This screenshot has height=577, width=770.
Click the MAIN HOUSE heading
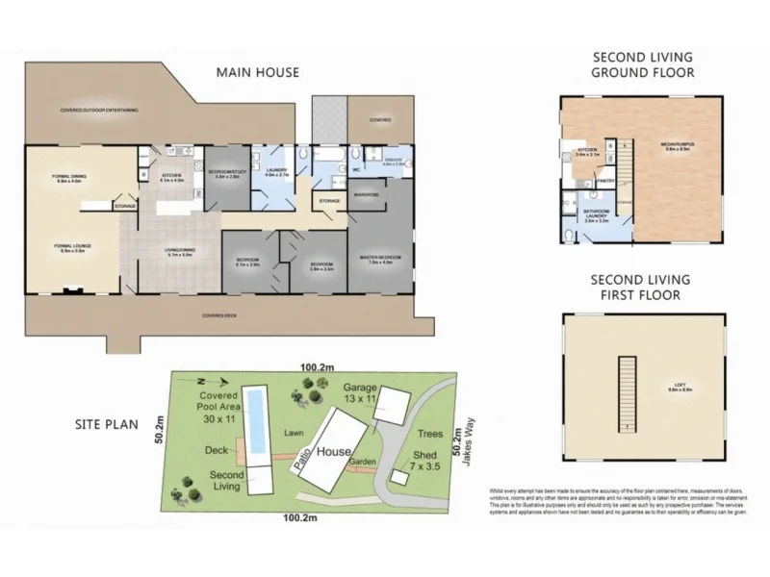(257, 72)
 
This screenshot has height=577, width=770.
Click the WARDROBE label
(366, 195)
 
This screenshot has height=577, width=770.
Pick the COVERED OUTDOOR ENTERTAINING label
(99, 111)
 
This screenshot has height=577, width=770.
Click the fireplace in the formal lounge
(69, 288)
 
